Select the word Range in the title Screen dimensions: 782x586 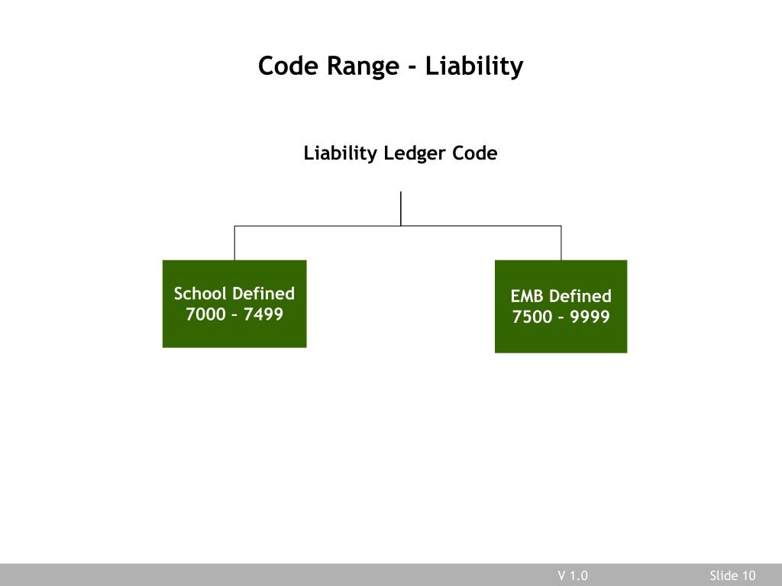(363, 67)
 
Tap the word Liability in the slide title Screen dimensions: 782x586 (474, 67)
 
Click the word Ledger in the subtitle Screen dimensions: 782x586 (415, 154)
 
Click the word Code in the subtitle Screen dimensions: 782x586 (475, 153)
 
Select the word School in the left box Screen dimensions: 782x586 (200, 294)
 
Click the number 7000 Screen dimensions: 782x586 (206, 314)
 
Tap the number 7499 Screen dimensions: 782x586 (263, 314)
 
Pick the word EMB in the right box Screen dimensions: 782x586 (526, 296)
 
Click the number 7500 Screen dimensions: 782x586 (532, 317)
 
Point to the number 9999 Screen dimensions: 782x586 (590, 317)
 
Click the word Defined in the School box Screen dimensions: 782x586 (263, 294)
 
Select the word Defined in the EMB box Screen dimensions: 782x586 (580, 296)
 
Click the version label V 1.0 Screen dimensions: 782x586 (573, 575)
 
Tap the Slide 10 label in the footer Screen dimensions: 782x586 (732, 575)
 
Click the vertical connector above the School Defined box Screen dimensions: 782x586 (234, 243)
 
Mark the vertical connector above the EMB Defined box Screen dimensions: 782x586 (561, 243)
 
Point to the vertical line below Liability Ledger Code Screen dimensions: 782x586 (401, 208)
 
